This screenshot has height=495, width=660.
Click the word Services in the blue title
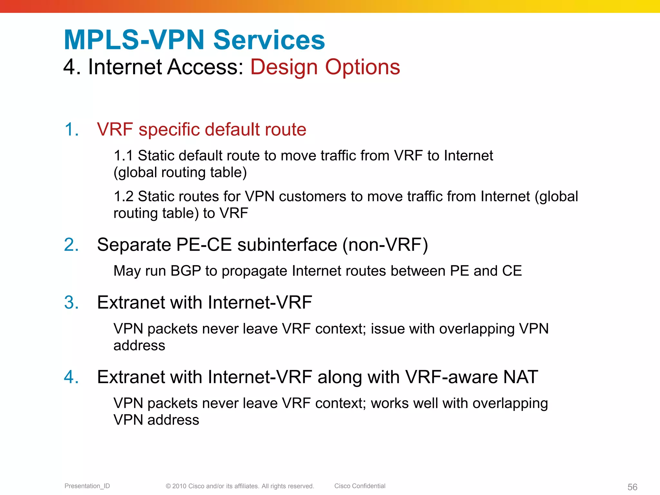tap(269, 40)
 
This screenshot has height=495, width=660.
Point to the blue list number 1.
tap(71, 130)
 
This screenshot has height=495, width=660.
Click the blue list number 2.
tap(71, 245)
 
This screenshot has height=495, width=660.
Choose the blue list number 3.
tap(71, 303)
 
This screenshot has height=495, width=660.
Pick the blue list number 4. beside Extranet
tap(71, 377)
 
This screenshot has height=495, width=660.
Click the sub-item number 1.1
tap(123, 156)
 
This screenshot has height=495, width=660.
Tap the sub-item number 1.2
tap(123, 197)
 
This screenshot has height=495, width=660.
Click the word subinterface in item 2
tap(287, 245)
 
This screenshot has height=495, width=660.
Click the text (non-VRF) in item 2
tap(385, 245)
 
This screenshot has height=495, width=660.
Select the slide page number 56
tap(632, 487)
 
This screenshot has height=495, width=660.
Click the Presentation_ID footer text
tap(87, 486)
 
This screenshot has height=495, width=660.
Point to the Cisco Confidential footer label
tap(360, 486)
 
